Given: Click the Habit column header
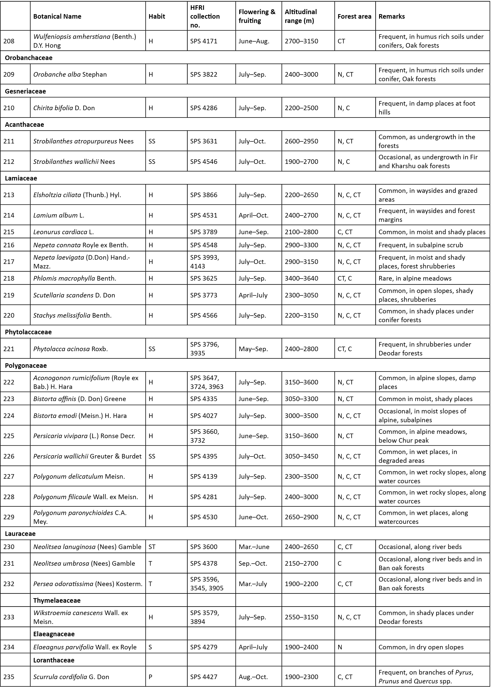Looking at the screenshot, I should pos(157,16).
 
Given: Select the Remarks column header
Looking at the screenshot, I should pos(391,16).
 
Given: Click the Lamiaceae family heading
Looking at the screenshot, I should pos(21,178).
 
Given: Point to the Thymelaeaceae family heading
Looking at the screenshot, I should pos(57,600).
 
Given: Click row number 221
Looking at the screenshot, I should pos(9,349).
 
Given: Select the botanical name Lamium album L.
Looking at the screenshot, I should pos(59,215).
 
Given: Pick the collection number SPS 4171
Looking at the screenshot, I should pos(204,41).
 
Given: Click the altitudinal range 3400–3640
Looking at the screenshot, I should pos(301,278).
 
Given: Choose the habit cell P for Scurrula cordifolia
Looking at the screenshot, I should pos(150,677).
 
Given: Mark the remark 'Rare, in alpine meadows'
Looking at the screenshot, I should pos(415,278).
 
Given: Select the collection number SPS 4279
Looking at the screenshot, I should pos(204,647).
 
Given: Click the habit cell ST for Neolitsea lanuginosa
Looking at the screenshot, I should pos(152,547).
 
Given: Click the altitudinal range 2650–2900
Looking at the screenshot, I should pos(301,517).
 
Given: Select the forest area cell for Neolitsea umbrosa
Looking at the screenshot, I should pos(340,563).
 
